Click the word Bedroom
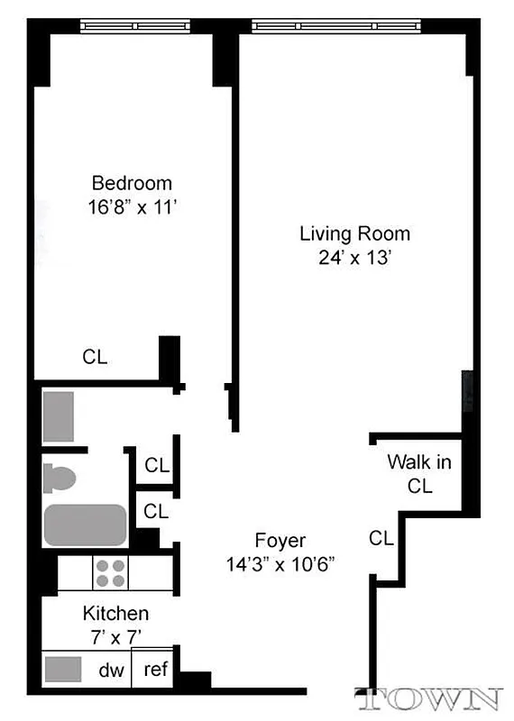(132, 183)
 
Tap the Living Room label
(354, 234)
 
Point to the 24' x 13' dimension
(354, 257)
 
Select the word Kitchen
(115, 614)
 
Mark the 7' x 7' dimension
(115, 636)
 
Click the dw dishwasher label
(111, 671)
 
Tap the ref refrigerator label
(155, 671)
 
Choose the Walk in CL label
(419, 474)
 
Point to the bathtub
(86, 525)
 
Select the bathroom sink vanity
(59, 415)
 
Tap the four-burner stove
(111, 573)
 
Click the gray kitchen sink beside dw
(63, 671)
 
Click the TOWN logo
(428, 699)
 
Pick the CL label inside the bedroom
(95, 357)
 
